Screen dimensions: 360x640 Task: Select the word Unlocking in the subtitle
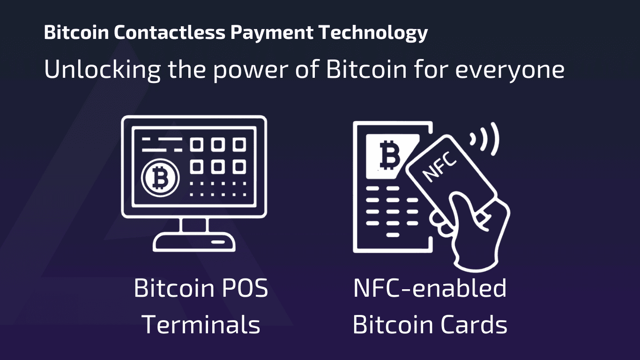point(102,70)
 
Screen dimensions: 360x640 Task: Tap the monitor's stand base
point(194,243)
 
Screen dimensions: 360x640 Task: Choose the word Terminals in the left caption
point(201,324)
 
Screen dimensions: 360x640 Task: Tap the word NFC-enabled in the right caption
point(430,288)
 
